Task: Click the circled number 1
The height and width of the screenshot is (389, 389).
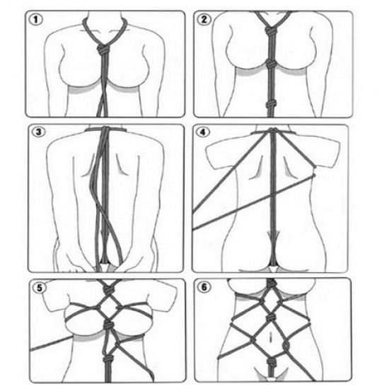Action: click(x=36, y=20)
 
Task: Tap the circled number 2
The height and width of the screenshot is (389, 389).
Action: click(x=204, y=19)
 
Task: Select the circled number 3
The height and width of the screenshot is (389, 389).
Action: click(x=38, y=132)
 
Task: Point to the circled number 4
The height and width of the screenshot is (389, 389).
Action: click(x=203, y=132)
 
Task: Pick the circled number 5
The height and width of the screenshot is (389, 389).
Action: click(x=40, y=288)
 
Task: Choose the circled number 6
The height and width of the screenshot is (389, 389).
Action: click(x=204, y=287)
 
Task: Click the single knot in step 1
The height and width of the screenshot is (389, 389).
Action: click(x=103, y=50)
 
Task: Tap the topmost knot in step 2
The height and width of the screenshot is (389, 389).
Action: click(x=270, y=32)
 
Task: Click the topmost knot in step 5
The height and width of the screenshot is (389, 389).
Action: click(x=108, y=288)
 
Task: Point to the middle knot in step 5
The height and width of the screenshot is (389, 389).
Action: click(x=108, y=324)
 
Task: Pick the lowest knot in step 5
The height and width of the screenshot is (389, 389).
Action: click(x=108, y=359)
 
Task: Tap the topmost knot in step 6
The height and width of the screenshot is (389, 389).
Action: click(x=271, y=284)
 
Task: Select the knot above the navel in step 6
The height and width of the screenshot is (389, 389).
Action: click(x=271, y=318)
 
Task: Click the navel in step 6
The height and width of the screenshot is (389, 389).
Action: click(x=271, y=337)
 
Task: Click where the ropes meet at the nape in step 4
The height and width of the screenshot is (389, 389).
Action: click(x=273, y=130)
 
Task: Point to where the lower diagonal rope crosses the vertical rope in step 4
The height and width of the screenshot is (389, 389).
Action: click(x=273, y=195)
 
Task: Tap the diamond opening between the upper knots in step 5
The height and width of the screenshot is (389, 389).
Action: click(x=108, y=306)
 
